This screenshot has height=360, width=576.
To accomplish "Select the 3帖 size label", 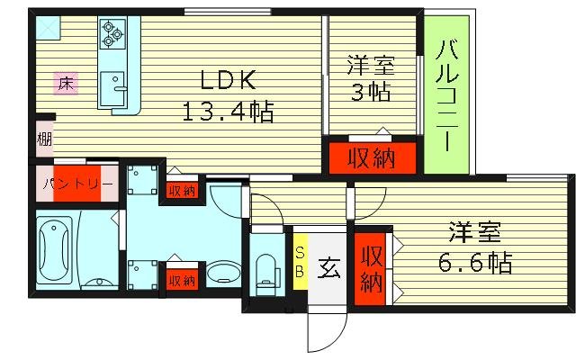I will pos(370,93).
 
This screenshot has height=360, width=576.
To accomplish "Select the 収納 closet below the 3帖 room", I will pos(372,159).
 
